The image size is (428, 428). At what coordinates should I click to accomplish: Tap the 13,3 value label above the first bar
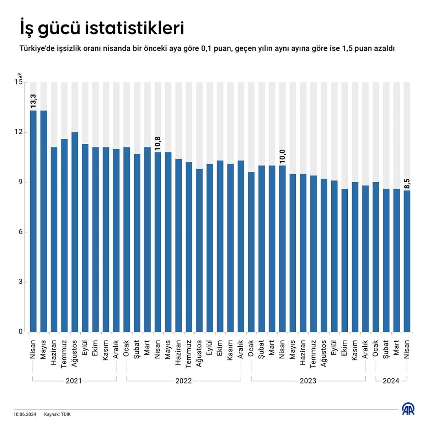coord(33,101)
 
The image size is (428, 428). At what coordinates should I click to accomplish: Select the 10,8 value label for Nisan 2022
coord(158,143)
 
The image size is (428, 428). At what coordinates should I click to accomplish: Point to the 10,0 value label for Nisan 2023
coord(282,156)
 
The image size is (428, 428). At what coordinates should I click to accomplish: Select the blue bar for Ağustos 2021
coord(75,232)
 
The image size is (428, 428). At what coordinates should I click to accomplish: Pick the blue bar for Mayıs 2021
coord(44,221)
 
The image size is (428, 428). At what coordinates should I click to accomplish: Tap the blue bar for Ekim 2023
coord(345,260)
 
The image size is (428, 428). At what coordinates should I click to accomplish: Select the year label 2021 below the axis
coord(74,381)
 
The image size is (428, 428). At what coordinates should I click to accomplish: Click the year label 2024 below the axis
coord(391,381)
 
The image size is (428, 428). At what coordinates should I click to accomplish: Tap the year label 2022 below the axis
coord(184,381)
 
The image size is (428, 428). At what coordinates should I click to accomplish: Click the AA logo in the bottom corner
coord(408,409)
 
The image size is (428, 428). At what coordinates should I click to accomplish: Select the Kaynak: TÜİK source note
coord(57,414)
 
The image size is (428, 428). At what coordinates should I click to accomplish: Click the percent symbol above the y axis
coord(20,76)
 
